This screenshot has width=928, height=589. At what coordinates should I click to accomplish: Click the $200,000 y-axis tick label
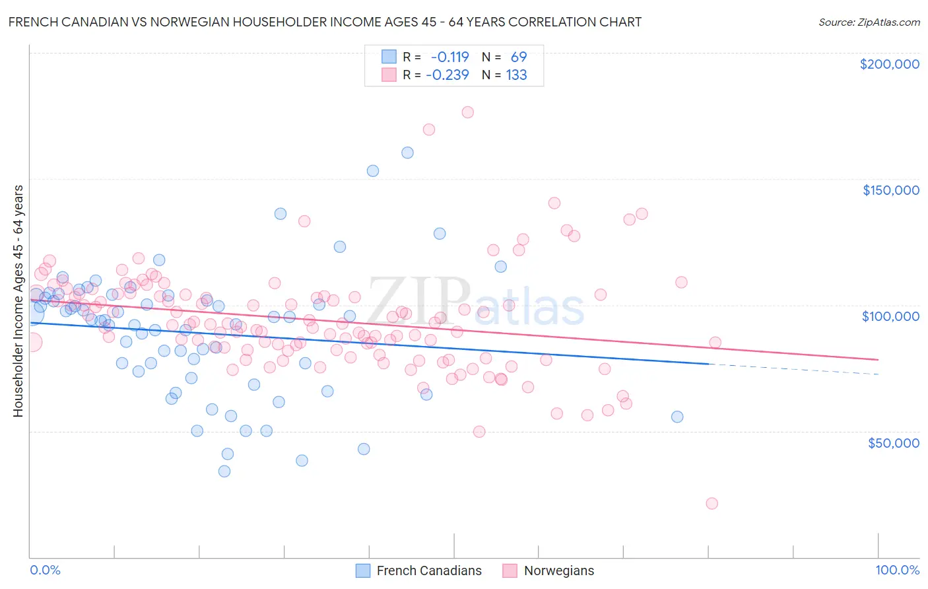[889, 64]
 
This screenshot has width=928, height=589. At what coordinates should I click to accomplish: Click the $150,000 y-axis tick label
[890, 190]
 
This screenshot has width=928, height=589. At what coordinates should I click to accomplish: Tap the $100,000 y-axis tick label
[890, 316]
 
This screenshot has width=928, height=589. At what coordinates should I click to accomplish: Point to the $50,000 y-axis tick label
[893, 442]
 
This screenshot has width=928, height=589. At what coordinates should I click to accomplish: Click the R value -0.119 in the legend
[449, 57]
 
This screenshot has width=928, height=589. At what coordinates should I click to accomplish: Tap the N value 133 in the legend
[516, 75]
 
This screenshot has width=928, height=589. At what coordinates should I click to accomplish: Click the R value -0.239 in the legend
[447, 75]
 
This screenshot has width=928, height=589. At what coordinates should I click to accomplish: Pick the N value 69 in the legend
[519, 57]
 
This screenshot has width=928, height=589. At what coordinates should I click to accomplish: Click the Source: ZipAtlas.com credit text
[869, 22]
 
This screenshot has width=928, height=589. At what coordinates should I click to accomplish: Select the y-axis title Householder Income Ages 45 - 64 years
[18, 301]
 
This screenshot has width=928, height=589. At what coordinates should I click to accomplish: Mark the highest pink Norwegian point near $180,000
[467, 112]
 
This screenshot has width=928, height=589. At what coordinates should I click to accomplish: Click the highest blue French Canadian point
[407, 153]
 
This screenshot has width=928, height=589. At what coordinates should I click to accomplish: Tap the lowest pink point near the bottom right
[712, 503]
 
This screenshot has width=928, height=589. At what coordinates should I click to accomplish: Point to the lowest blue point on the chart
[224, 471]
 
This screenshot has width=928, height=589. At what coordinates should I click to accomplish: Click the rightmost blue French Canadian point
[677, 417]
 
